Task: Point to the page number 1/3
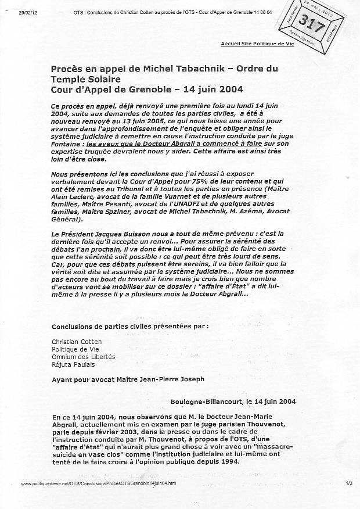(348, 483)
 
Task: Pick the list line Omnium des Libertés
(84, 356)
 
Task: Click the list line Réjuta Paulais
(73, 364)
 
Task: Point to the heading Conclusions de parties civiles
(129, 326)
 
